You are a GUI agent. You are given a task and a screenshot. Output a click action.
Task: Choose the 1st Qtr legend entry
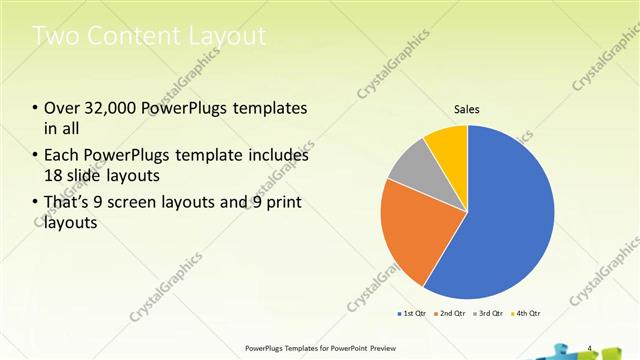point(414,313)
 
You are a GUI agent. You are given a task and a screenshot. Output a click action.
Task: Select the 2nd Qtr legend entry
point(452,313)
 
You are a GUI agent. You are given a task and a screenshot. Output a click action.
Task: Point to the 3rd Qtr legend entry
point(490,313)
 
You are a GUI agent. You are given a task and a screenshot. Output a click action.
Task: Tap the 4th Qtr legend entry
point(528,313)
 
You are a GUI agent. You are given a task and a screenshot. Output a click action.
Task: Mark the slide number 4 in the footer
point(590,348)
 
